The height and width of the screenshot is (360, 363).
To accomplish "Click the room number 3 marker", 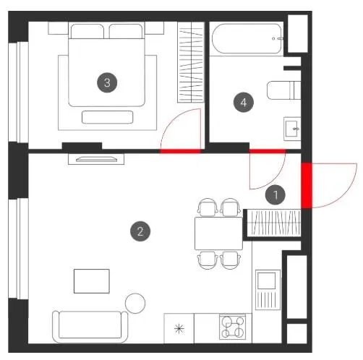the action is pos(107,82).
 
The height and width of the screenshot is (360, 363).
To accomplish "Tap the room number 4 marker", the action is pos(244,103).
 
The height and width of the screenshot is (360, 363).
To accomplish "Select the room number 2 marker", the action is pos(140,231).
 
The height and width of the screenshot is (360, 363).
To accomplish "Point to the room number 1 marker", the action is pos(276,194).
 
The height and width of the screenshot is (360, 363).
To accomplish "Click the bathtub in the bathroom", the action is pos(247,38).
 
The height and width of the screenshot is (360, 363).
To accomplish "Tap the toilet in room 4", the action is pos(283,90).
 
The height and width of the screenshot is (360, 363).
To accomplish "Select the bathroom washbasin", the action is pos(292,129).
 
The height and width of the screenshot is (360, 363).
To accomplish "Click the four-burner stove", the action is pos(233,327).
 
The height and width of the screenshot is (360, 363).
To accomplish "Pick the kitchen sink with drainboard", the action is pos(268,290).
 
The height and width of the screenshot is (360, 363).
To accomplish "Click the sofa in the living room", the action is pos(90,327).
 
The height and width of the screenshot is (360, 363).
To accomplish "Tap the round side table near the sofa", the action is pos(135,303).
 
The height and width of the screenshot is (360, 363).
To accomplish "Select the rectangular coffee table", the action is pos(92,281).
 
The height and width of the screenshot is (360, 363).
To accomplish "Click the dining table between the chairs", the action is pos(218,233).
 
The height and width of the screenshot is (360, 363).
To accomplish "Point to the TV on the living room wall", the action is pos(96,159).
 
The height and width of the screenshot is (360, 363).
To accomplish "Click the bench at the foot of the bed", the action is pos(108,117).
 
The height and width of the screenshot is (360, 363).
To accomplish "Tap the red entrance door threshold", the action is pos(307,185).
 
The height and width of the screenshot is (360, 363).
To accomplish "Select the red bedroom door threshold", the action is pos(180,151).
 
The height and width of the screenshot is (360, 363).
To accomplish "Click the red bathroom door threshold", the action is pos(268,151).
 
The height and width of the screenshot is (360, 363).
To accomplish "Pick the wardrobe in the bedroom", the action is pos(191,62).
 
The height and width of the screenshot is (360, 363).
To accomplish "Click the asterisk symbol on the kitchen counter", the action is pos(179,329).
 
